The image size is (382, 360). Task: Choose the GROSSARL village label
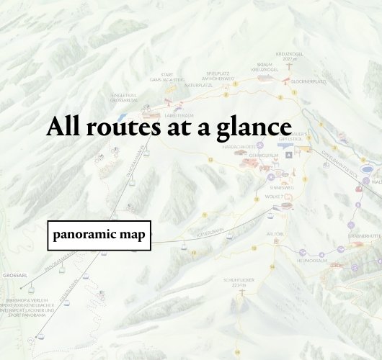point(14,276)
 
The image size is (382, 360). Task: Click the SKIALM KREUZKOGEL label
point(265,67)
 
